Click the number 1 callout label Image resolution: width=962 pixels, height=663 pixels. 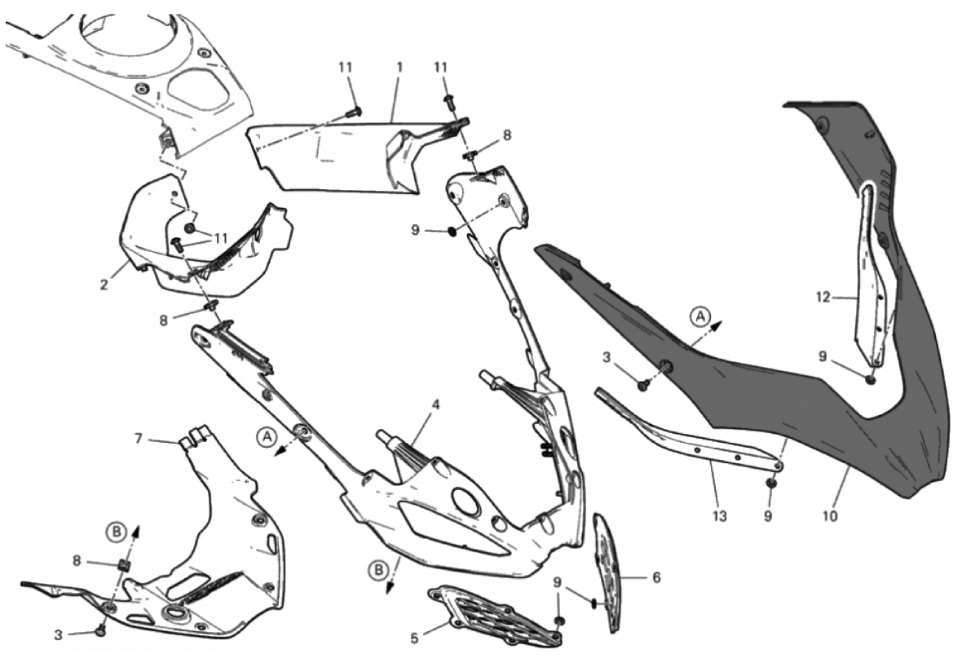pos(399,68)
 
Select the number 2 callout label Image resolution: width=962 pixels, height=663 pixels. pos(104,285)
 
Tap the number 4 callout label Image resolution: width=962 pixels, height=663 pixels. pos(435,405)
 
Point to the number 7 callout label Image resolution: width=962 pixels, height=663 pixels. pos(139,438)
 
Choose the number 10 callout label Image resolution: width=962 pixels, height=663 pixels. pos(829,516)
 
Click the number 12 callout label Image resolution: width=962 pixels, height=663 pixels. pos(822,298)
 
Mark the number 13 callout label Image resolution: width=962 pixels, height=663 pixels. pos(719,516)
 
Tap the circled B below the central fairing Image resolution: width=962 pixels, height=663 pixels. pos(378,570)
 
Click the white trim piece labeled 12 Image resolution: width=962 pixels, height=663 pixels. pos(872,276)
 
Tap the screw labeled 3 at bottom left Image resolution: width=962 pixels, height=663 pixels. pos(100,630)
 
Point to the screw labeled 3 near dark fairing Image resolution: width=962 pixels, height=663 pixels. pos(643,386)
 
